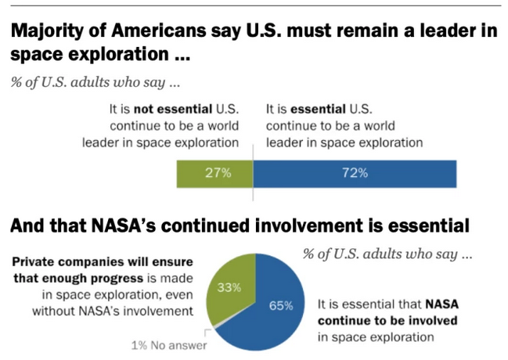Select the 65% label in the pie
[280, 305]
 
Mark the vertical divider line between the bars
[253, 168]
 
